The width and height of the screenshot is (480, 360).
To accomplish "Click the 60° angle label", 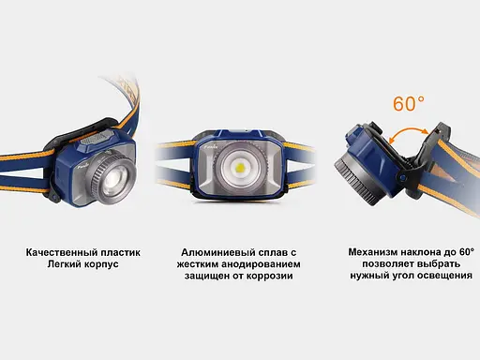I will pyautogui.click(x=409, y=104).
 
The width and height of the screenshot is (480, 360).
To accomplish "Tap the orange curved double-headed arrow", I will pyautogui.click(x=404, y=137).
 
